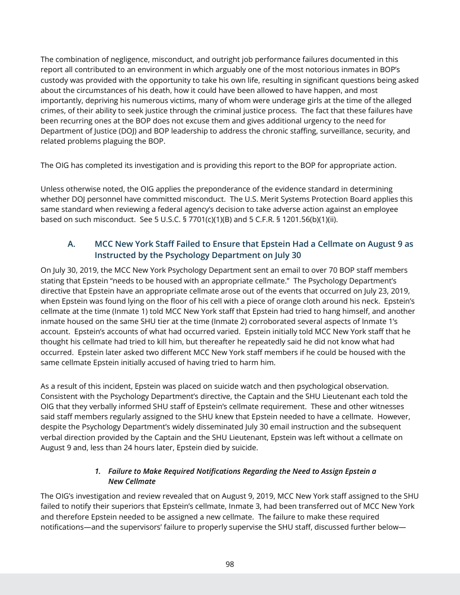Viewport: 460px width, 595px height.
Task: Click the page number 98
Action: coord(230,564)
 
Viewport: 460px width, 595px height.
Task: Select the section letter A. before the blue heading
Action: coord(71,244)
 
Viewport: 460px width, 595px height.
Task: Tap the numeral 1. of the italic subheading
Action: coord(99,470)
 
